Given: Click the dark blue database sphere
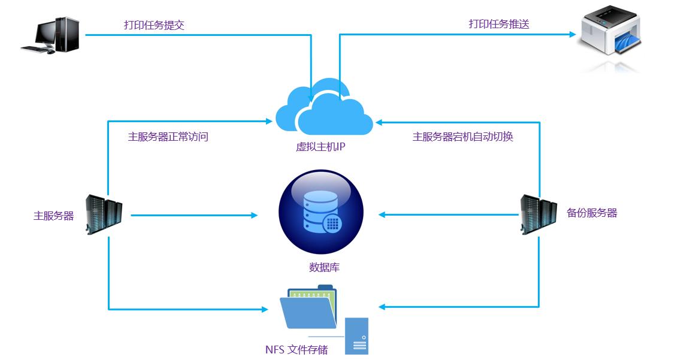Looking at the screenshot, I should [x=321, y=213].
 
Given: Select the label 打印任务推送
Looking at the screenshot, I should [x=499, y=25].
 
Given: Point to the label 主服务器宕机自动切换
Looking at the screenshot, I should [x=462, y=137].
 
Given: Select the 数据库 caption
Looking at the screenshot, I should [x=324, y=267].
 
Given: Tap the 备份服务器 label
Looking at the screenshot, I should [x=592, y=213].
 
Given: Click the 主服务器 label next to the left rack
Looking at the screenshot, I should [x=53, y=216].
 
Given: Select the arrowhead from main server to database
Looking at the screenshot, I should [x=254, y=214].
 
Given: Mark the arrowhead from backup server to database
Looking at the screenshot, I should [x=383, y=214].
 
